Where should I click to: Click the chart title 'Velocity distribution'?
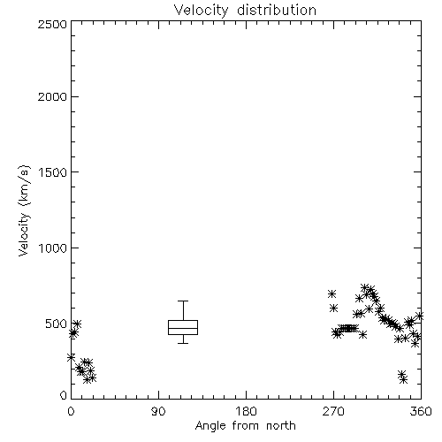pos(245,10)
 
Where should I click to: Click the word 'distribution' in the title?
pos(277,10)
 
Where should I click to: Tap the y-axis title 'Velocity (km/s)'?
pos(24,210)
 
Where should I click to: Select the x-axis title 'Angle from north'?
pos(245,426)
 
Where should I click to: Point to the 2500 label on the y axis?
pos(52,24)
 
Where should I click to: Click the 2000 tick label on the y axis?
pos(52,96)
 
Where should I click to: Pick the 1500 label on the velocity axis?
pos(53,172)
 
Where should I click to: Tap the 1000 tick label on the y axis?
pos(53,248)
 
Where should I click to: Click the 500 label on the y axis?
pos(57,324)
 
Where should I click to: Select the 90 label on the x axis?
pos(158,411)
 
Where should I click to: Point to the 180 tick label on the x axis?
pos(246,411)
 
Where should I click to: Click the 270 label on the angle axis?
pos(333,411)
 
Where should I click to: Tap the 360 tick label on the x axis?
pos(421,411)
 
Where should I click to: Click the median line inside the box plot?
pos(183,328)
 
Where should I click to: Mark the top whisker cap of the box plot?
pos(183,301)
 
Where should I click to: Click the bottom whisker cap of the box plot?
pos(183,343)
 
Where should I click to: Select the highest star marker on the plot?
pos(365,287)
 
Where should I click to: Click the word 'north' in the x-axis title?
pos(281,426)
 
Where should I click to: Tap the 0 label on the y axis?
pos(64,395)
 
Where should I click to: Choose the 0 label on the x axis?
pos(71,411)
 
